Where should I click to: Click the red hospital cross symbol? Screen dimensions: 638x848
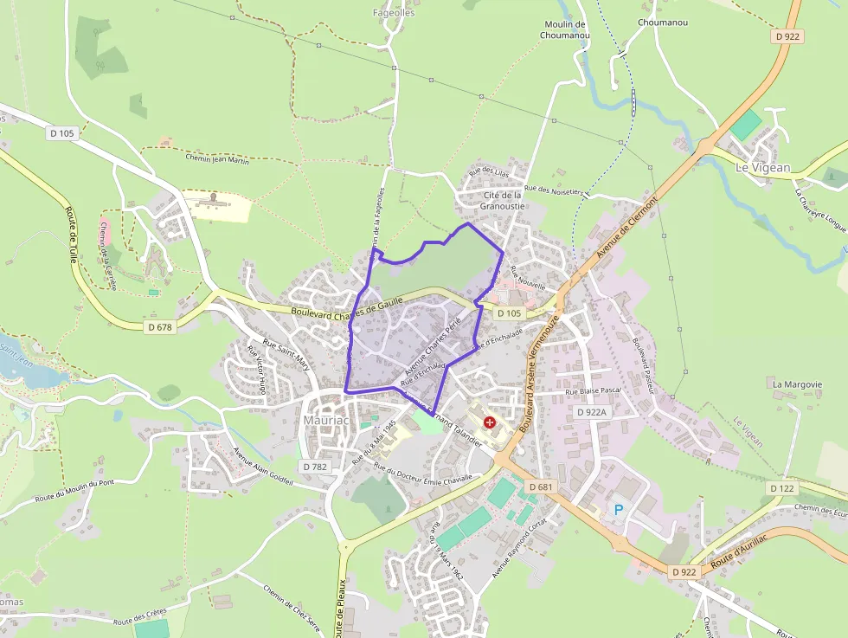tap(491, 422)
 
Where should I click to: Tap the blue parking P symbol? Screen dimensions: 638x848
tap(619, 510)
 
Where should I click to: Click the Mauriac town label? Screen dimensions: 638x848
tap(325, 420)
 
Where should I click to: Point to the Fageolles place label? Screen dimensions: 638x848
tap(394, 13)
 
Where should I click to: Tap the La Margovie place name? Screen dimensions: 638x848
tap(797, 383)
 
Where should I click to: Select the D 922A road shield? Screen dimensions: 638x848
tap(593, 413)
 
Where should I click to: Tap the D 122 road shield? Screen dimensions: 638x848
tap(781, 489)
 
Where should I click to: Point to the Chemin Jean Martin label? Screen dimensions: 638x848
tap(217, 158)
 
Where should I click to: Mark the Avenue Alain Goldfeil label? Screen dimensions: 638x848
tap(264, 465)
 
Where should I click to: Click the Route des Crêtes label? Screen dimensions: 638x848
tap(138, 616)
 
